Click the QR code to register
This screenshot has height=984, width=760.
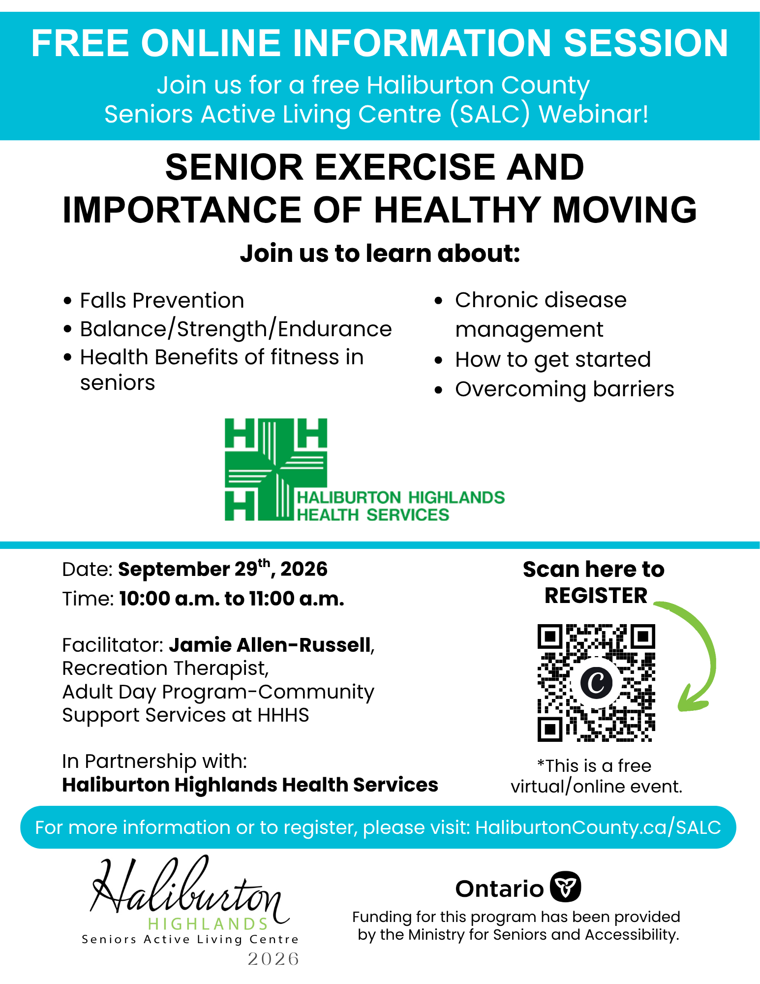[596, 683]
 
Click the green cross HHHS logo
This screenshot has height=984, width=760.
[276, 470]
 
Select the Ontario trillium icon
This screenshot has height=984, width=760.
[566, 887]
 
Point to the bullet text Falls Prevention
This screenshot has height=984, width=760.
[162, 300]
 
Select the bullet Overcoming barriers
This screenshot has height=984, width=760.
[564, 389]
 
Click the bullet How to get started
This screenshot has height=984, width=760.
[553, 359]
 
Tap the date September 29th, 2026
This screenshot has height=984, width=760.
[223, 569]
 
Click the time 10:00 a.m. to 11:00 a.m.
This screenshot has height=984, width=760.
[232, 599]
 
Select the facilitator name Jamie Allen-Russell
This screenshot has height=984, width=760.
[270, 645]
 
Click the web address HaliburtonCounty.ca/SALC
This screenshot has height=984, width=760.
[598, 827]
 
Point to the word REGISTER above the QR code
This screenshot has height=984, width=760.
[596, 596]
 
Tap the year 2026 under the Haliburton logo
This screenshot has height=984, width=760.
[274, 959]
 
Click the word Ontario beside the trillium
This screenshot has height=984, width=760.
[500, 889]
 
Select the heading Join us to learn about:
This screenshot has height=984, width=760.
[380, 254]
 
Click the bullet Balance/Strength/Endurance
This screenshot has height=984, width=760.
[236, 329]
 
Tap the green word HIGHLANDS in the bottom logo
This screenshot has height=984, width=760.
[208, 923]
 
